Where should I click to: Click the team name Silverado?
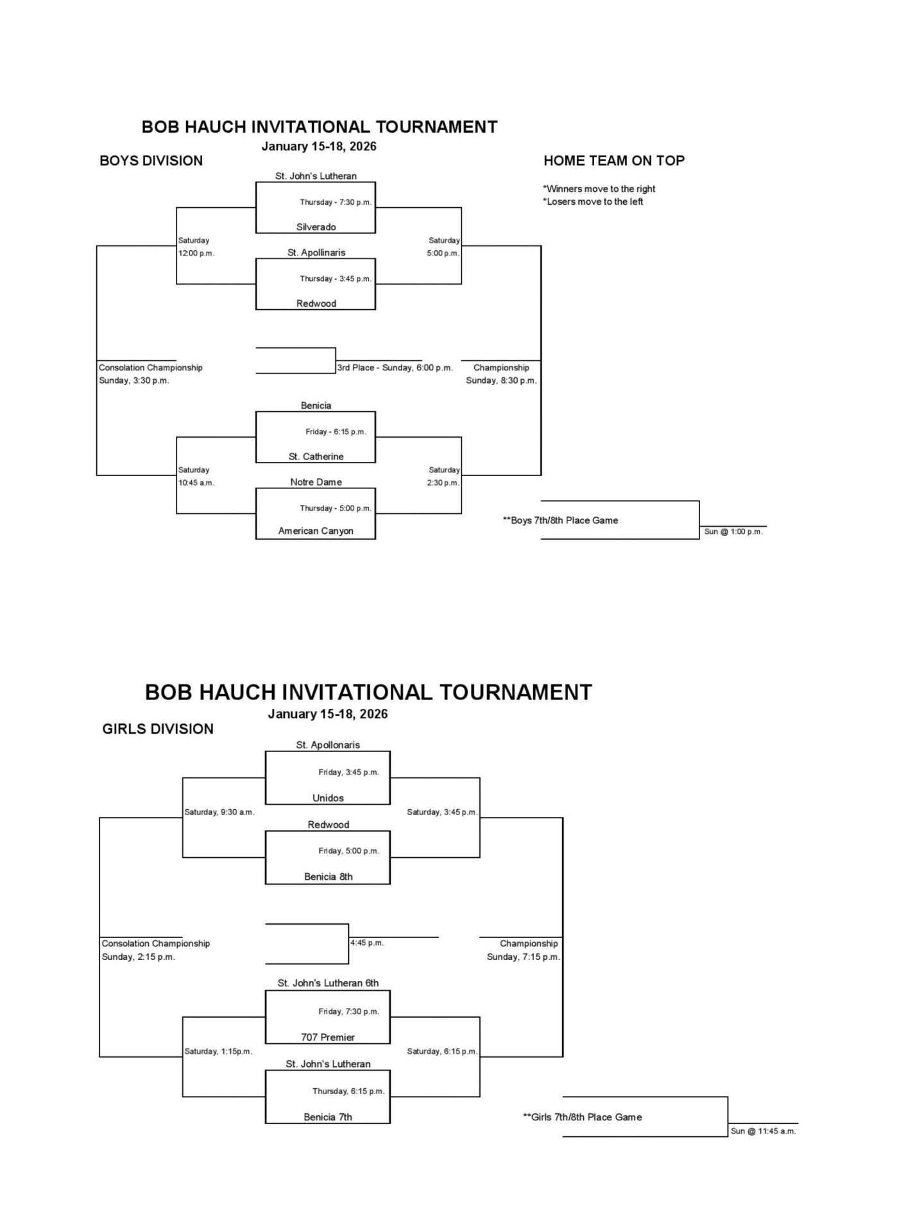click(316, 227)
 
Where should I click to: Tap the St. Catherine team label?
click(316, 457)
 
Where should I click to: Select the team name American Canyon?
click(316, 531)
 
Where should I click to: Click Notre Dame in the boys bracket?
click(316, 482)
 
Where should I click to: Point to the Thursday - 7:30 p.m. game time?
click(336, 202)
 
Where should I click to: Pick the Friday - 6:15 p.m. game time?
click(336, 432)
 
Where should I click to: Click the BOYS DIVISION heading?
click(151, 160)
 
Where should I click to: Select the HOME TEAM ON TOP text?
click(614, 160)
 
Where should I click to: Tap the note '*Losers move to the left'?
click(593, 201)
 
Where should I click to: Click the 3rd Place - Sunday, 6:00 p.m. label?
click(395, 368)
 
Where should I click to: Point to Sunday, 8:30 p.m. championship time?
click(501, 381)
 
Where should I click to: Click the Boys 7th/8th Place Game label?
click(560, 520)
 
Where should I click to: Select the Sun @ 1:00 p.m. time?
click(733, 531)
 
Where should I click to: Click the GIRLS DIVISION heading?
click(158, 729)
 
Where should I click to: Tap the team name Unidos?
click(328, 798)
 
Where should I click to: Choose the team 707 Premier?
click(328, 1037)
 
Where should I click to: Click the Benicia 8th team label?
click(328, 877)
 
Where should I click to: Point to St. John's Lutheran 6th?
click(328, 983)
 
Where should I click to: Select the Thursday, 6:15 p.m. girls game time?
click(348, 1091)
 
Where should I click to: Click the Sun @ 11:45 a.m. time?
click(763, 1131)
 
